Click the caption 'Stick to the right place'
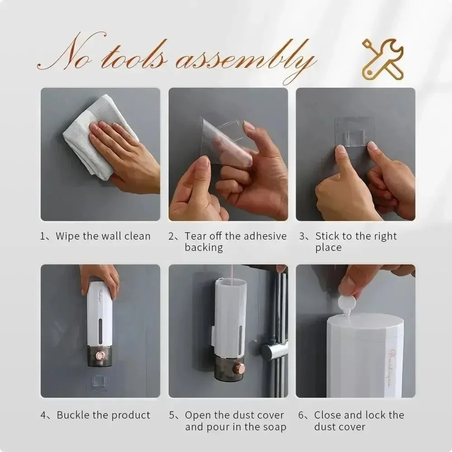pos(355,241)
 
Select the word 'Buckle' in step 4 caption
pos(73,415)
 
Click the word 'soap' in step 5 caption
pos(274,427)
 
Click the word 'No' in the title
pos(68,56)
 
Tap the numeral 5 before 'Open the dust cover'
pos(172,415)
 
